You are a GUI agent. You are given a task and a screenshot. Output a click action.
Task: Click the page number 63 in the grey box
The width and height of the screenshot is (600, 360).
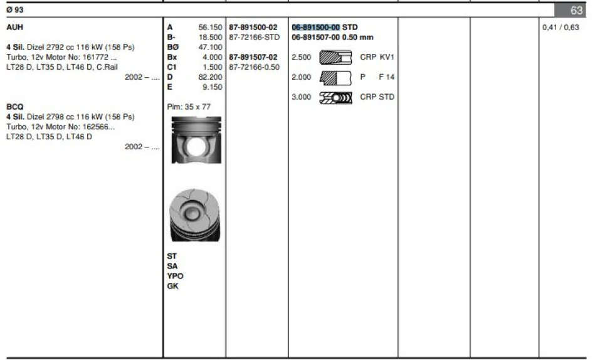[577, 11]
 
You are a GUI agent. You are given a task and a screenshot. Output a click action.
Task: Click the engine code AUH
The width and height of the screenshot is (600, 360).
[14, 28]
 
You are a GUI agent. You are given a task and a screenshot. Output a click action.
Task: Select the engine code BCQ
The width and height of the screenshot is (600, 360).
[14, 107]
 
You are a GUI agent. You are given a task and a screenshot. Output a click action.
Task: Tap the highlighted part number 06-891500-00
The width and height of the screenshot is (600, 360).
[316, 28]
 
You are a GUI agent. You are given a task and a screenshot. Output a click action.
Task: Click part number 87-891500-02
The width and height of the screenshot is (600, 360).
[254, 28]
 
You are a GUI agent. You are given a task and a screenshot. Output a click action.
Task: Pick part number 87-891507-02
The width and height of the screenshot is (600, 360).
[254, 57]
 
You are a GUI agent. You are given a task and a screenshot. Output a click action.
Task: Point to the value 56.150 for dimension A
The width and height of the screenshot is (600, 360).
[211, 28]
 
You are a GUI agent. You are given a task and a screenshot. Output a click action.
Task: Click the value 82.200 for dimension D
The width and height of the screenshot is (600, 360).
[211, 77]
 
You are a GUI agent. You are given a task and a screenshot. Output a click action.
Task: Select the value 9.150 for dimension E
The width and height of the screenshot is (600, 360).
[213, 87]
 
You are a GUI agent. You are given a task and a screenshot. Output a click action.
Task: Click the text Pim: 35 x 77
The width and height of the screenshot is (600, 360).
[189, 107]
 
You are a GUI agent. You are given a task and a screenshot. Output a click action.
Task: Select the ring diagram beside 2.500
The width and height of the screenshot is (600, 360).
[335, 57]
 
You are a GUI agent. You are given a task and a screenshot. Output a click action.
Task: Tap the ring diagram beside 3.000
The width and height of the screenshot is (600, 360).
[335, 97]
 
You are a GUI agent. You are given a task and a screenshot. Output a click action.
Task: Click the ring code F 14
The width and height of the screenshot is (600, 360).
[386, 77]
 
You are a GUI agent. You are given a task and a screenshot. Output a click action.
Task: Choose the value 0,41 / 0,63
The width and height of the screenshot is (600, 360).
[561, 28]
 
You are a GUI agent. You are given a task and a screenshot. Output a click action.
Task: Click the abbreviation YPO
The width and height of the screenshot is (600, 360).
[175, 276]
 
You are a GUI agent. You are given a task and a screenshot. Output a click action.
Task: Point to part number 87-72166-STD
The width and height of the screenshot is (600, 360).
[254, 38]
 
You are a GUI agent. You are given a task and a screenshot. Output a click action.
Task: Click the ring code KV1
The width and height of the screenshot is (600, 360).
[387, 57]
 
